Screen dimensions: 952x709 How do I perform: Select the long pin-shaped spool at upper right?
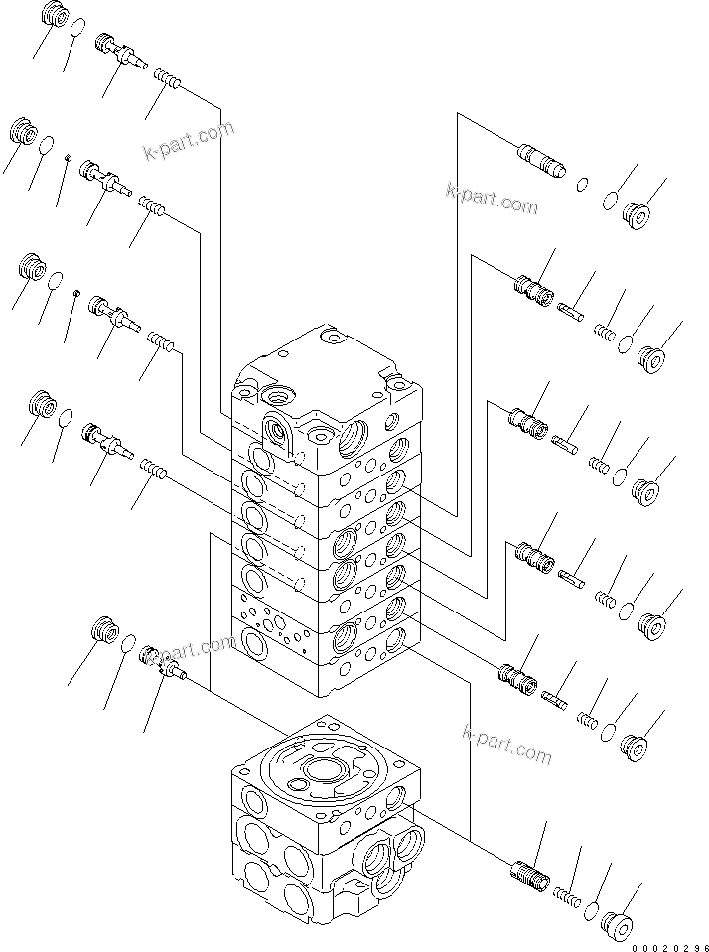[x=539, y=160]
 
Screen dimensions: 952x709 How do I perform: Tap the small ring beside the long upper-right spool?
[x=583, y=183]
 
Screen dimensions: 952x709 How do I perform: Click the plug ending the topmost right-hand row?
[x=637, y=212]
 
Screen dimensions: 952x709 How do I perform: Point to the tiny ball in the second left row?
[x=67, y=158]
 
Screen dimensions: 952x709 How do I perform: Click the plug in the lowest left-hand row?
[x=103, y=629]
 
